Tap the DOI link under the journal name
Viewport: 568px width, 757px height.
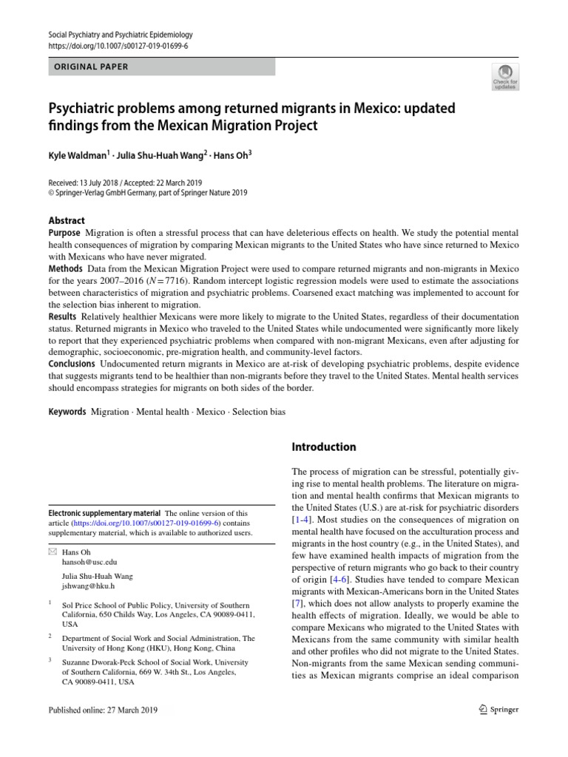(118, 46)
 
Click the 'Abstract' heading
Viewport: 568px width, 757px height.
(67, 220)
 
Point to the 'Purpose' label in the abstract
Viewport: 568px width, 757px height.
(65, 233)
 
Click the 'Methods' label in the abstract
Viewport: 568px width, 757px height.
(65, 268)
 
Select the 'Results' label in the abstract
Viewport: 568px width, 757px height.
(63, 316)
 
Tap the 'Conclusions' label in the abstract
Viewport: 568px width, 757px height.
(72, 364)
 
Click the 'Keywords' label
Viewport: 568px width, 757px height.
(67, 411)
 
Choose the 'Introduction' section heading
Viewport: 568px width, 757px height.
(324, 447)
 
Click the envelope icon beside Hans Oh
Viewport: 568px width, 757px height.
(51, 552)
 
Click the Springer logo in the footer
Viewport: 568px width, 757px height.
(499, 710)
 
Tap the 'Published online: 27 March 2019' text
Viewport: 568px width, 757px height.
(103, 710)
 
